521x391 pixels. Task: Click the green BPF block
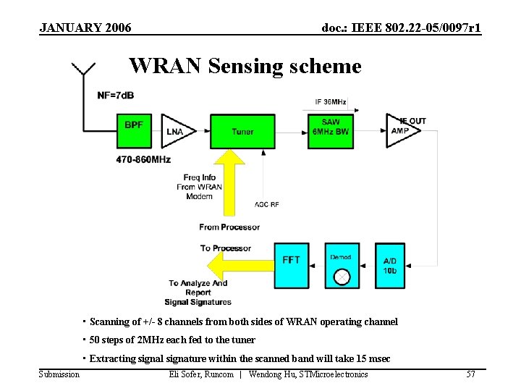(x=133, y=131)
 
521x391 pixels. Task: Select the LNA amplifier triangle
(x=176, y=131)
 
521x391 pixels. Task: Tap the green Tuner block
(x=242, y=131)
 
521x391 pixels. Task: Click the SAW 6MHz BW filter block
(x=330, y=131)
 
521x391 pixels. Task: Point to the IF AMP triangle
(x=401, y=131)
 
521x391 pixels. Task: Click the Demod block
(x=342, y=265)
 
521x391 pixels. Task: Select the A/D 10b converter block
(x=390, y=265)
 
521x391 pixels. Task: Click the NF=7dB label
(x=116, y=96)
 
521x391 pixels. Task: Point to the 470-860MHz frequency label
(x=143, y=159)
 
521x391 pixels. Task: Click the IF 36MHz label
(x=330, y=101)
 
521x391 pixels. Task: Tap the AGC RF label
(x=266, y=204)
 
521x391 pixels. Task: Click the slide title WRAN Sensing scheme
(x=245, y=67)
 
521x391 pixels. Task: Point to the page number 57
(x=471, y=374)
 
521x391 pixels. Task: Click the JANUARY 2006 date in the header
(x=85, y=28)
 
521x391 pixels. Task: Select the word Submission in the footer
(x=59, y=374)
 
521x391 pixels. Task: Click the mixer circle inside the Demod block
(x=342, y=277)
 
